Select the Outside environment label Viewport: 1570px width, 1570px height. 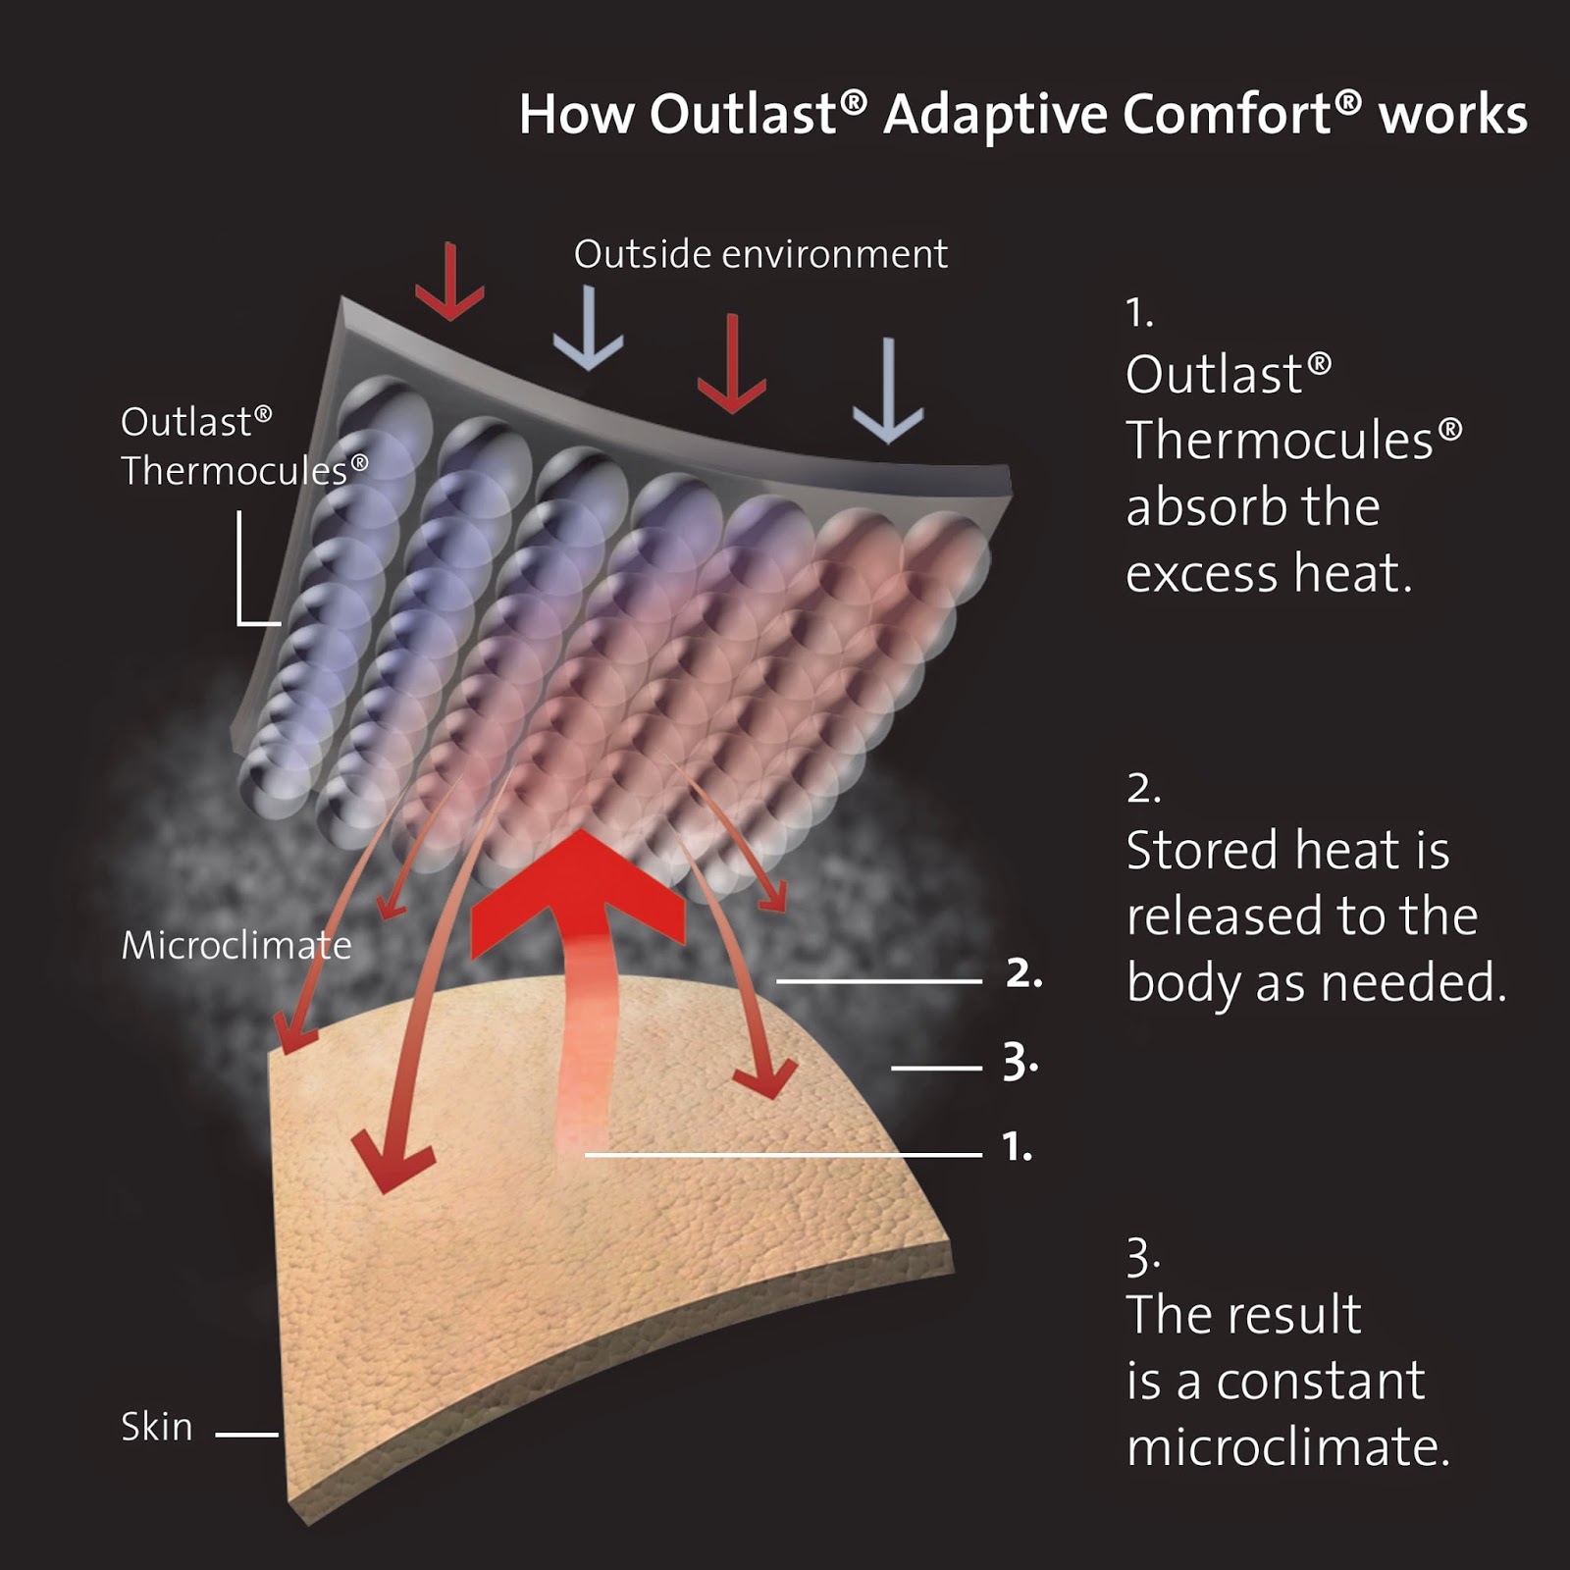(760, 254)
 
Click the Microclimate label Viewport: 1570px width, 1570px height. (236, 945)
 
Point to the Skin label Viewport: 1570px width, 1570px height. (157, 1427)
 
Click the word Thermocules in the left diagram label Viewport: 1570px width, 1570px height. (235, 471)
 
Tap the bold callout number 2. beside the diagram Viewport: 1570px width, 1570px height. (1023, 973)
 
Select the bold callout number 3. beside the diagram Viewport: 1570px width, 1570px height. (1020, 1061)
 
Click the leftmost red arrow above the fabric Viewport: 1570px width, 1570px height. (450, 282)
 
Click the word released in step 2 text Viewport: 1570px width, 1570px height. (1225, 916)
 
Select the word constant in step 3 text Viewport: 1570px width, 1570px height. (1321, 1382)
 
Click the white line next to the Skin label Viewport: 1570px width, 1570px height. (247, 1435)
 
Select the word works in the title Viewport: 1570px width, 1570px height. (1453, 116)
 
